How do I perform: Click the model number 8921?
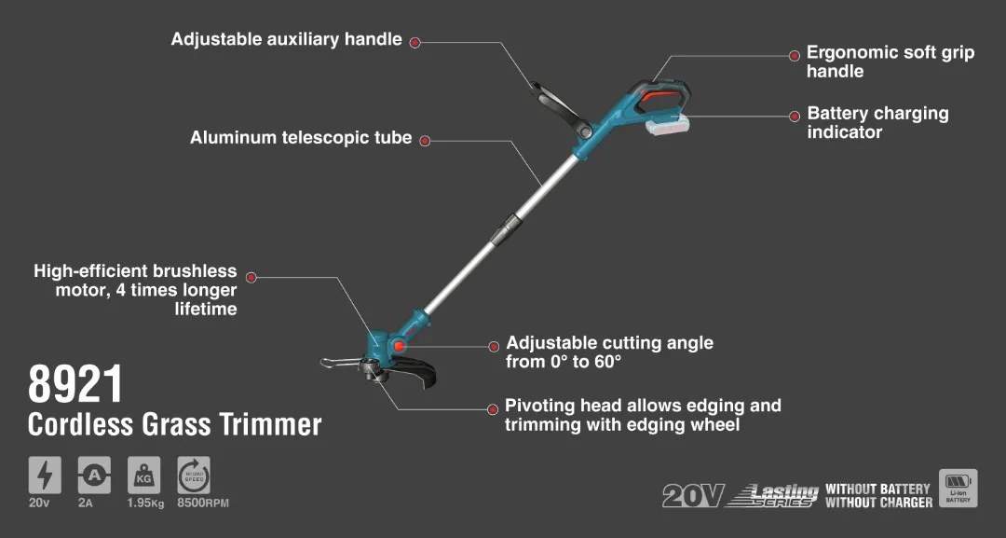click(75, 384)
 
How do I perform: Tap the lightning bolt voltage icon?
click(45, 476)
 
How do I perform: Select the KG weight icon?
click(143, 476)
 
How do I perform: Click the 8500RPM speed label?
click(203, 504)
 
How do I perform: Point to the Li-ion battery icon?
click(958, 488)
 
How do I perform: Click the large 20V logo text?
click(692, 496)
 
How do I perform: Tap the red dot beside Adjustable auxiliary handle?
click(415, 42)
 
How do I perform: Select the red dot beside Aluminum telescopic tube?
click(425, 141)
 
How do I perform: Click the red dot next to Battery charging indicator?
click(795, 117)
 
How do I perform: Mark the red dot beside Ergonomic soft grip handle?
click(795, 56)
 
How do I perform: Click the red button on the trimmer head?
click(400, 346)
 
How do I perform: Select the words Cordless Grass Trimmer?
click(175, 424)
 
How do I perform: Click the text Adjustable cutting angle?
click(609, 343)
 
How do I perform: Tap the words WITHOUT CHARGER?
click(877, 503)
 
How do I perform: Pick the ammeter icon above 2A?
click(94, 476)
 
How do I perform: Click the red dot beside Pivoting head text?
click(493, 408)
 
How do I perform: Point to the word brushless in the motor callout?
click(193, 271)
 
